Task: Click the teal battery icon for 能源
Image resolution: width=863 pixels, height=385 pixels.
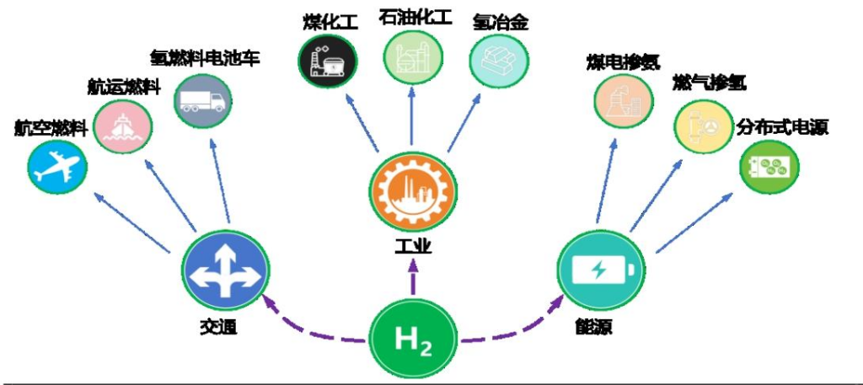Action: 600,271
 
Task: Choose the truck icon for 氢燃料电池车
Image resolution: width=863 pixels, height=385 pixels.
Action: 203,99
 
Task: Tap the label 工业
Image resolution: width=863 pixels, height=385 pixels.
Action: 412,245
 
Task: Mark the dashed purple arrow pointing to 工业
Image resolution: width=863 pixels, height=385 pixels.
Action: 413,282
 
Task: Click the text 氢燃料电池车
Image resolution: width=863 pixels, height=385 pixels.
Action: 206,58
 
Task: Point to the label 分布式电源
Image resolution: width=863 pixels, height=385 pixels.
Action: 783,128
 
